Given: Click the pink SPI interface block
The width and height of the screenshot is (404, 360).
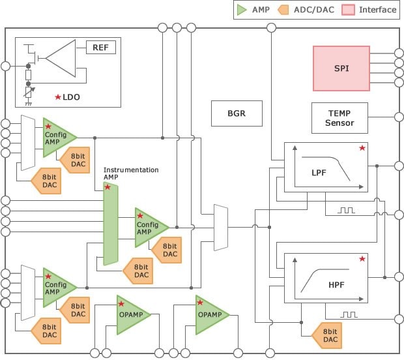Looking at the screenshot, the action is click(341, 68).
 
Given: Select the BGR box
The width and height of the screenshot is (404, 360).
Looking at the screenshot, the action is click(237, 113).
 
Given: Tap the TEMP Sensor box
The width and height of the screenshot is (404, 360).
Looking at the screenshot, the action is click(339, 118).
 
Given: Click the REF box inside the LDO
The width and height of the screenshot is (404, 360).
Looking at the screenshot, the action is click(101, 48).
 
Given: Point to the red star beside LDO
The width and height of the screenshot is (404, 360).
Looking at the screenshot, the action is click(58, 97).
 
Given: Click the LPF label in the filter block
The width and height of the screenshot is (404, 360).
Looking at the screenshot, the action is click(319, 173).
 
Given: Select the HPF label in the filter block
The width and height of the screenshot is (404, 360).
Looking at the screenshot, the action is click(336, 285).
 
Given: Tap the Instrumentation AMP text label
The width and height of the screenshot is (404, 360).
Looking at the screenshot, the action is click(131, 173).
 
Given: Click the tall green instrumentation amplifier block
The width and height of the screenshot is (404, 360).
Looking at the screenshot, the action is click(111, 224).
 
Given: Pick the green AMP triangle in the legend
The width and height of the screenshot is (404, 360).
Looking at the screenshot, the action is click(241, 10).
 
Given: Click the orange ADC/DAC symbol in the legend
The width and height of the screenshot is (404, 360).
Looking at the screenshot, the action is click(283, 10).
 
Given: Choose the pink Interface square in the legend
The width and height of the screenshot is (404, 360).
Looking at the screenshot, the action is click(348, 10).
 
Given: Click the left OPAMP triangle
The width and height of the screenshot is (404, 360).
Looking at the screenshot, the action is click(131, 314).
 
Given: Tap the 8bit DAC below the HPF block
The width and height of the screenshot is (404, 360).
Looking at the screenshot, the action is click(327, 335).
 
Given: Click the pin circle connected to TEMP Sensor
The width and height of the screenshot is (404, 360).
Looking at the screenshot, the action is click(399, 117).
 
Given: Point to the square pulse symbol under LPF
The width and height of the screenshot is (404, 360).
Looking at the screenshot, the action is click(346, 211).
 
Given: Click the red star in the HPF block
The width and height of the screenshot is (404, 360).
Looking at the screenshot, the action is click(362, 259).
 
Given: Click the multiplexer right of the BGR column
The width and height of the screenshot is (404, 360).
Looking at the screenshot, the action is click(221, 228).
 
